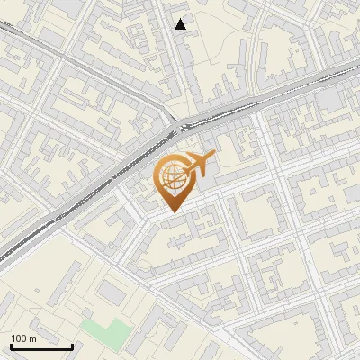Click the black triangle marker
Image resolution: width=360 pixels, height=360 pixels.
click(181, 24)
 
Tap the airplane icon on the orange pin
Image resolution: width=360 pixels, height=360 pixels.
click(199, 164)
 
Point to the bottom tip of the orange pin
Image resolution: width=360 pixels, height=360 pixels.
click(172, 212)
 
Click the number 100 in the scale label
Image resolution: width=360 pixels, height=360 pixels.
click(20, 339)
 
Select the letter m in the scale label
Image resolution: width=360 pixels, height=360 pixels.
click(32, 339)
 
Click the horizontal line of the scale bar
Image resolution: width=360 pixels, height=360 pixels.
click(41, 346)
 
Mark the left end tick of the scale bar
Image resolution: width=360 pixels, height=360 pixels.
click(11, 345)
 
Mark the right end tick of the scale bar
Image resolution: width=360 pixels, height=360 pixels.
click(72, 345)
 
